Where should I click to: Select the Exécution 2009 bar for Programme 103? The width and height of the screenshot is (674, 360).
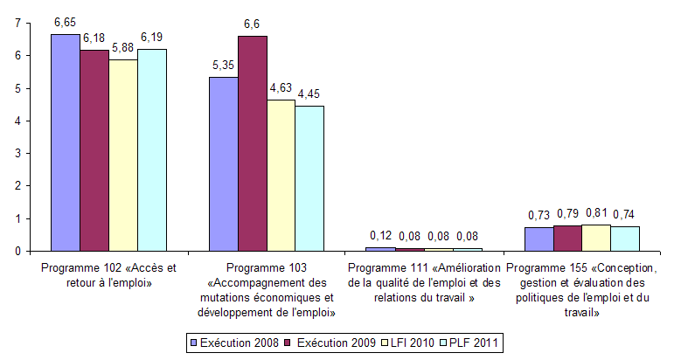[x=252, y=143]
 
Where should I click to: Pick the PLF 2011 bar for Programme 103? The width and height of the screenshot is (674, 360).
[x=309, y=178]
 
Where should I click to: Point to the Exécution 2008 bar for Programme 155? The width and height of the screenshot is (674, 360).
[x=539, y=239]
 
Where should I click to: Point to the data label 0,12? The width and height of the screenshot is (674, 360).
[x=380, y=236]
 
